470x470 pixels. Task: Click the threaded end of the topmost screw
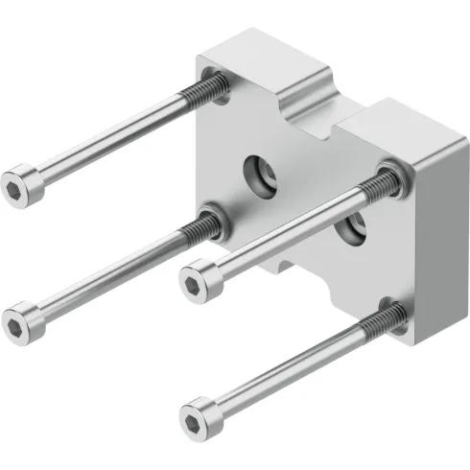[209, 89]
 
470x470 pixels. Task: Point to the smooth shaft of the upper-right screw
[288, 227]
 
